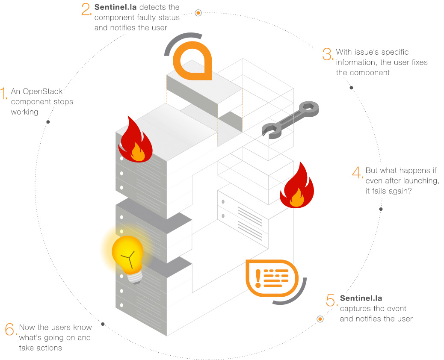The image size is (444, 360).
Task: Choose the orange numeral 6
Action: pos(10,329)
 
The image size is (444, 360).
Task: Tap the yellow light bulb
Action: pos(128,255)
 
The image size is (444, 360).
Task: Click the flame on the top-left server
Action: pos(135,140)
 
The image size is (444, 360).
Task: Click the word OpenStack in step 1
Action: pos(43,91)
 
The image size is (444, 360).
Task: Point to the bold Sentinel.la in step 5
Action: pos(361,298)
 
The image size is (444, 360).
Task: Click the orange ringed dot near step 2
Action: pos(198,13)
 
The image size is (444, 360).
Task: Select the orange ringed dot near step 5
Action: pos(320,319)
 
